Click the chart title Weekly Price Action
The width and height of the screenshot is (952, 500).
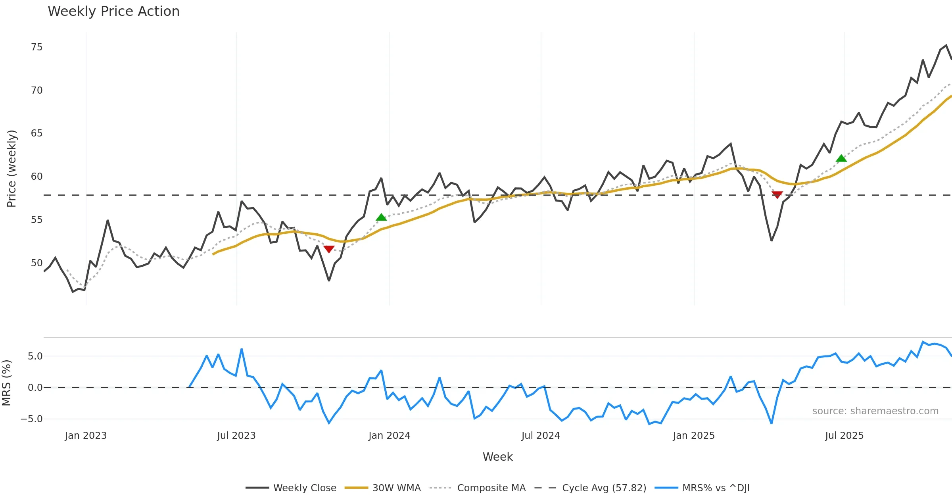pyautogui.click(x=113, y=12)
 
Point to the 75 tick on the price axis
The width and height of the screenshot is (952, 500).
pyautogui.click(x=36, y=47)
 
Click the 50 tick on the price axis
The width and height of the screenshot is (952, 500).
pyautogui.click(x=36, y=263)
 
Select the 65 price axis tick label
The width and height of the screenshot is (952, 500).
pyautogui.click(x=36, y=133)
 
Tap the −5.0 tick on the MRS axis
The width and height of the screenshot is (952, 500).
pyautogui.click(x=31, y=419)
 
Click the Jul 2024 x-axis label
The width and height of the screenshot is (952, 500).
pyautogui.click(x=541, y=436)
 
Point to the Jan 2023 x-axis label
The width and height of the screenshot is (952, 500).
pyautogui.click(x=86, y=436)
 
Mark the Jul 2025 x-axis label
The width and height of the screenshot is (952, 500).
pyautogui.click(x=844, y=436)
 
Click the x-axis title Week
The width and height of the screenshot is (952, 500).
pyautogui.click(x=497, y=457)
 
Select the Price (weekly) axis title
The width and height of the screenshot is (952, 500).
pyautogui.click(x=12, y=169)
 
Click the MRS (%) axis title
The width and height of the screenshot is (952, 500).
pyautogui.click(x=7, y=383)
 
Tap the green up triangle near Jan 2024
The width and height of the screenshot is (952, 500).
pyautogui.click(x=381, y=217)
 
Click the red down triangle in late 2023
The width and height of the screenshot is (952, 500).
pyautogui.click(x=329, y=249)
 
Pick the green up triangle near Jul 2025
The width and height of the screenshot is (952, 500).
pyautogui.click(x=841, y=158)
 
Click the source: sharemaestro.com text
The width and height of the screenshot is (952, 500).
pyautogui.click(x=875, y=411)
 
